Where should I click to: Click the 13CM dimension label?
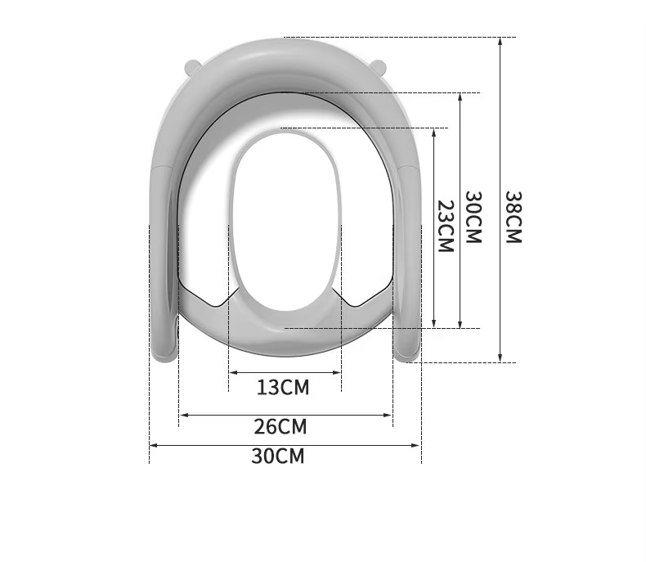283,387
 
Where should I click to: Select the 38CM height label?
513,217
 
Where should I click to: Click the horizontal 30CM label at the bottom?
277,456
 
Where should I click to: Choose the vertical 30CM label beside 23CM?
473,217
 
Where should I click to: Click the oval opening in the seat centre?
284,222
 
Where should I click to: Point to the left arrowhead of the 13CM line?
231,373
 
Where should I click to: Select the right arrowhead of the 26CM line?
390,416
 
